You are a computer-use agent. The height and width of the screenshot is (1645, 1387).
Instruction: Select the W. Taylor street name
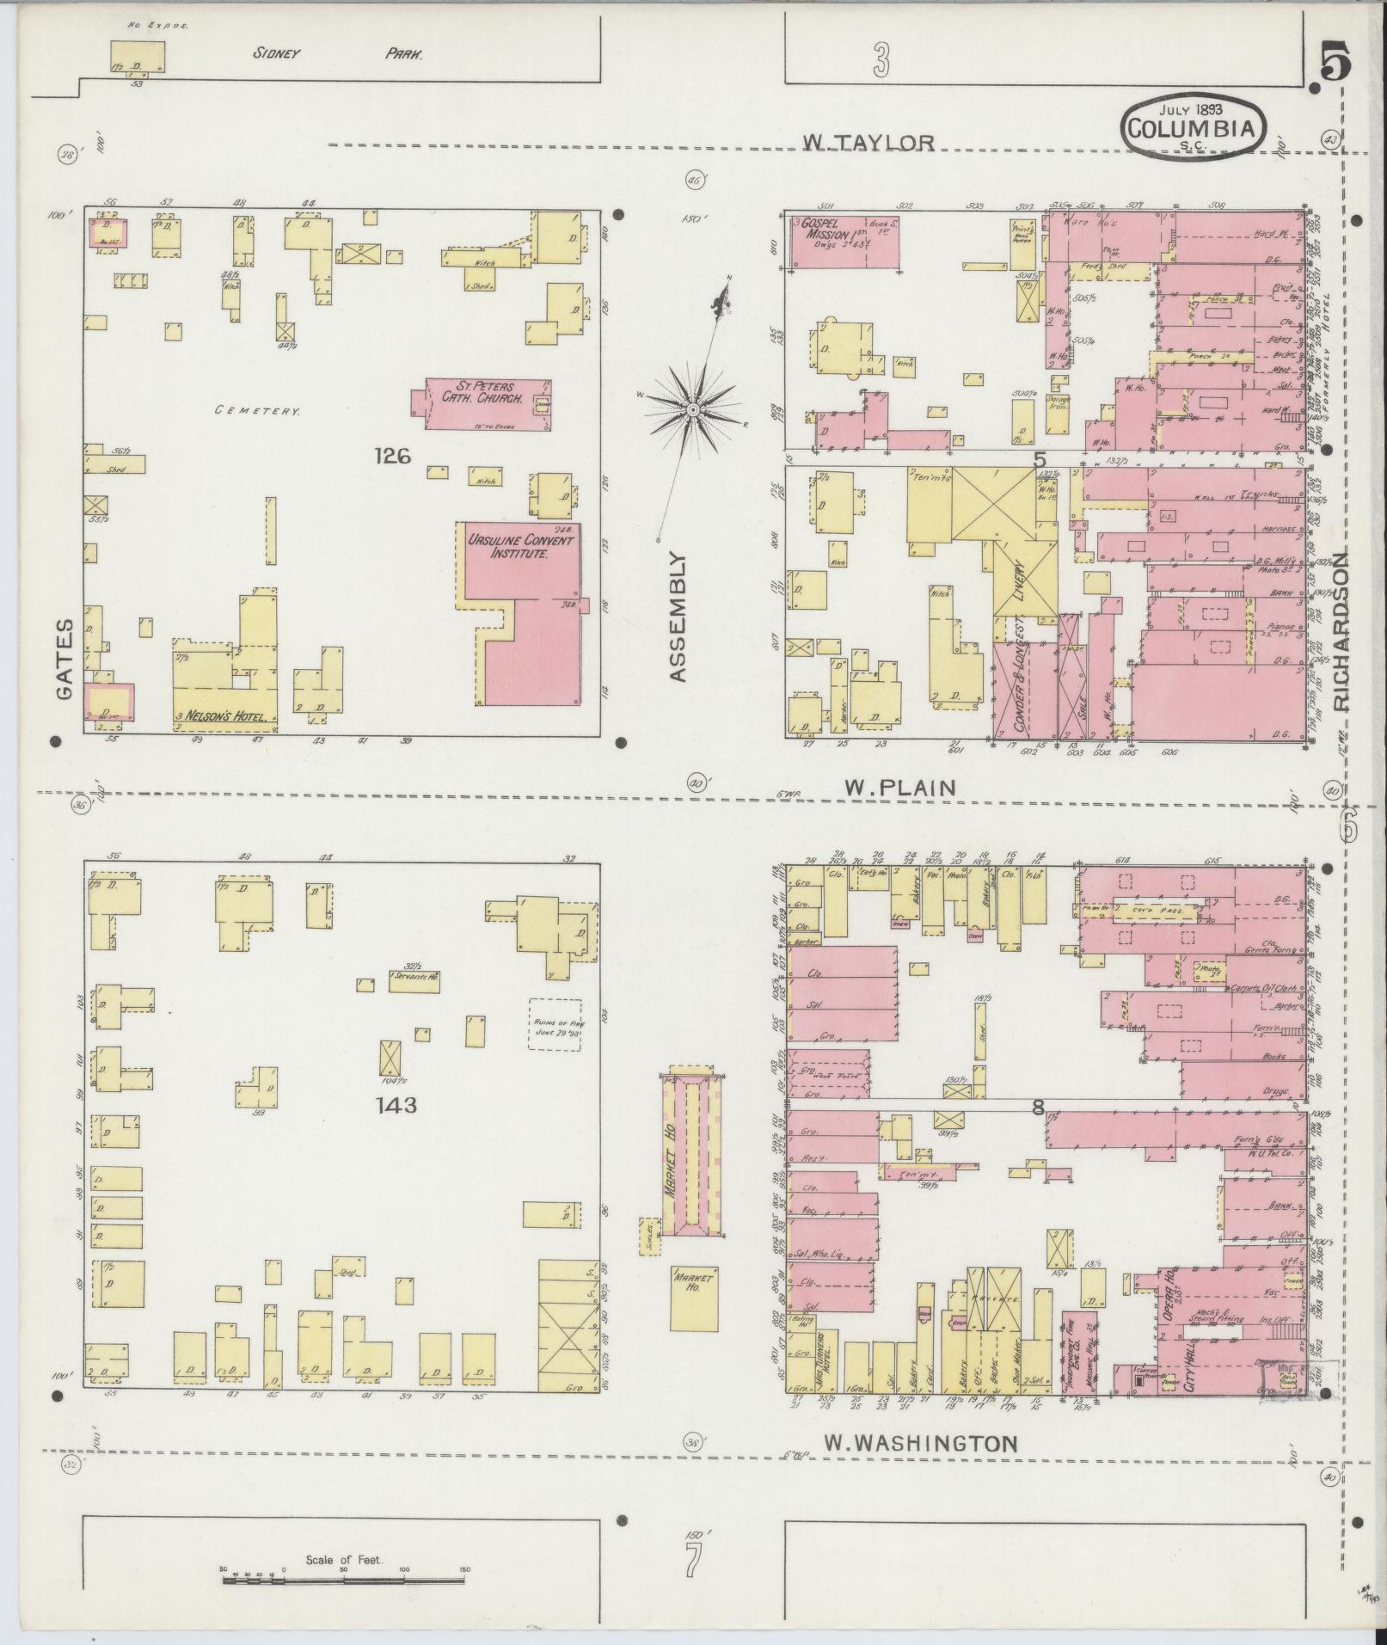click(x=868, y=142)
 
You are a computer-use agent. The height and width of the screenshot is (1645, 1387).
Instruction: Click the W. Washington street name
click(x=920, y=1444)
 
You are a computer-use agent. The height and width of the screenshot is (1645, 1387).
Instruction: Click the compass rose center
click(x=693, y=410)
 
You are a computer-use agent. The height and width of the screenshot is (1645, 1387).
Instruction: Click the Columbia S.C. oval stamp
click(x=1193, y=127)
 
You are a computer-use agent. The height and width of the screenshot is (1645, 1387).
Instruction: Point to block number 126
click(x=392, y=457)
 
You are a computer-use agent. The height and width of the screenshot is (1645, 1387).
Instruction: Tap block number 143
click(x=396, y=1105)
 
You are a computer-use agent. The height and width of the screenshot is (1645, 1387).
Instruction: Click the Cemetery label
click(x=257, y=411)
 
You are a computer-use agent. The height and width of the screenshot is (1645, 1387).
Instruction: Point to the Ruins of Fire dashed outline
click(x=555, y=1023)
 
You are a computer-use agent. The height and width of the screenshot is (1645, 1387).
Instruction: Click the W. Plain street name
click(x=899, y=787)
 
